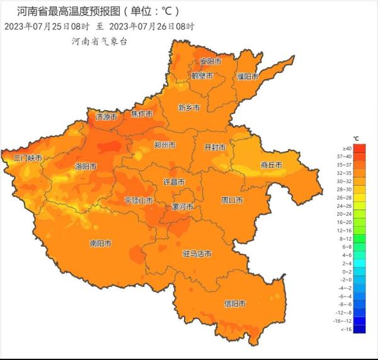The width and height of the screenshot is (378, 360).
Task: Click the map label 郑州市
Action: (x=164, y=145)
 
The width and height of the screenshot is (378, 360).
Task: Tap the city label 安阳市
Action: (x=210, y=62)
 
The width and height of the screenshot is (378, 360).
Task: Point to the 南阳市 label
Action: (x=101, y=243)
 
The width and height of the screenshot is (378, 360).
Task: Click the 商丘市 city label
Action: (x=271, y=165)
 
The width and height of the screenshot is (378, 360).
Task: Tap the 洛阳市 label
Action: (x=86, y=167)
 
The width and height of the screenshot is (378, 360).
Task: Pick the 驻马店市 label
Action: (x=197, y=254)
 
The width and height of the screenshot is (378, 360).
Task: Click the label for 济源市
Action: (x=106, y=116)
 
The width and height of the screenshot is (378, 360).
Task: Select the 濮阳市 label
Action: (x=248, y=76)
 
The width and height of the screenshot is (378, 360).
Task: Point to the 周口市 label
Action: (x=232, y=200)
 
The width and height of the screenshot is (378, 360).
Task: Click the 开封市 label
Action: (x=215, y=147)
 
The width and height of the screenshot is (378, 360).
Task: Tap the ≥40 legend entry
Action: (x=346, y=149)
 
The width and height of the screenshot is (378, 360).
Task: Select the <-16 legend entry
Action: (x=346, y=329)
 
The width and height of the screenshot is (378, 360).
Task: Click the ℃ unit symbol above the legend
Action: (x=356, y=138)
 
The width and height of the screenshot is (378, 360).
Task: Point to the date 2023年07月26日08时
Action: (x=152, y=26)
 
